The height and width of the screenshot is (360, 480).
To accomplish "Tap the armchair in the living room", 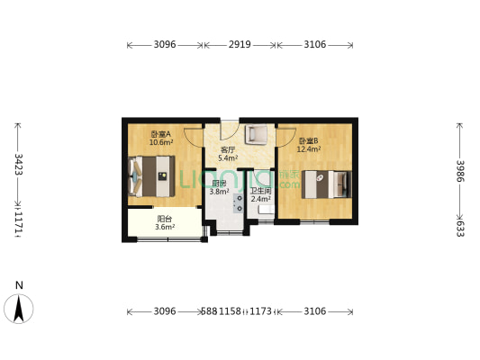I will (256, 136).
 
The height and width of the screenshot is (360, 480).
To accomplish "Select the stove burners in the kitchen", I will (240, 202).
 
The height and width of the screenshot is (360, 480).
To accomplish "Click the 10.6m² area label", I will (161, 142).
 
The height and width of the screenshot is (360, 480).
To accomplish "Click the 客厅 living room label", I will (228, 150).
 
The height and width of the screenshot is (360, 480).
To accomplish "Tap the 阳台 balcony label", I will (164, 219).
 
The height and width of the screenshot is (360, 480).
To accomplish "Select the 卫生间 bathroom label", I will (261, 191).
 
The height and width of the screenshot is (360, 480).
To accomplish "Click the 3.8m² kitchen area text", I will (220, 191).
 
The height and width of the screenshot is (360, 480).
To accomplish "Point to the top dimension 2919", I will (240, 44).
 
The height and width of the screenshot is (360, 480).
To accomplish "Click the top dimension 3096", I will (164, 44).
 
